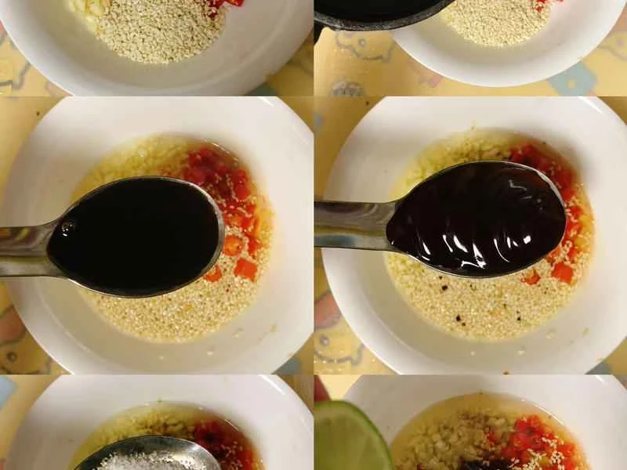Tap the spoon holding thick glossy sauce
[x=478, y=219]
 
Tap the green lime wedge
[x=349, y=439]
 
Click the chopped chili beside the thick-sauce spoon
[x=568, y=235]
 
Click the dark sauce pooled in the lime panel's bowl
[x=486, y=464]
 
